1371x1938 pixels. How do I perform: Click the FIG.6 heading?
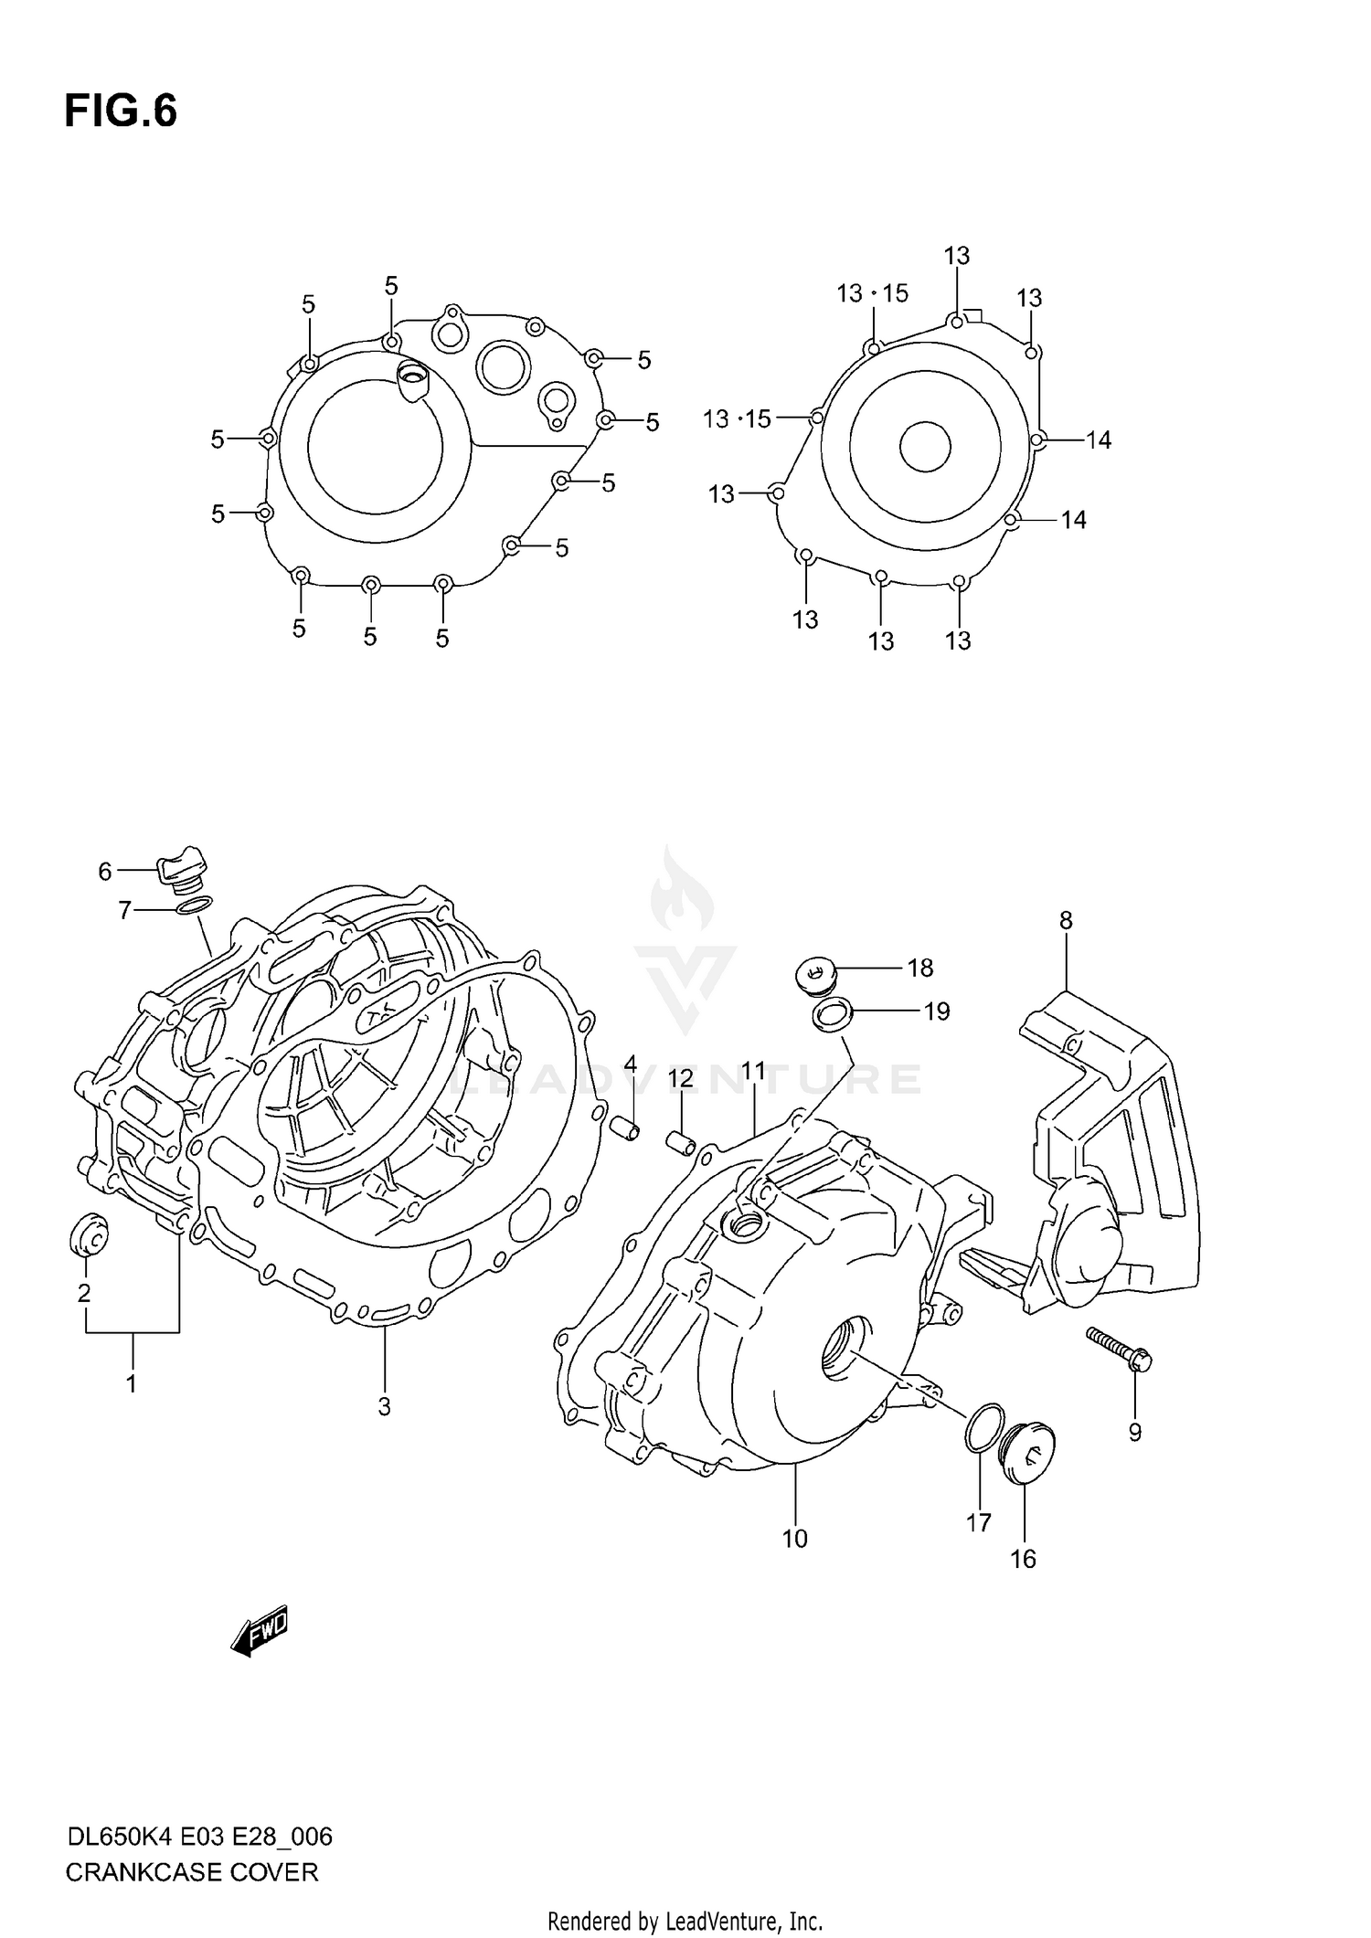[x=121, y=111]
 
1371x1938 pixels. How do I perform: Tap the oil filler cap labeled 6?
[x=184, y=868]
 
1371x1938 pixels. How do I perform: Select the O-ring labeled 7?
[x=193, y=905]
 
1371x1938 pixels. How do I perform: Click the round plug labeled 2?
[x=89, y=1235]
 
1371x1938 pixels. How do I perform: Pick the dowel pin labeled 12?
[x=681, y=1142]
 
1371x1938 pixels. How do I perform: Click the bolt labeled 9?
[x=1120, y=1350]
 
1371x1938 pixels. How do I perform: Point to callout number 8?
[x=1066, y=920]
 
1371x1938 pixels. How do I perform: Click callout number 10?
[x=794, y=1539]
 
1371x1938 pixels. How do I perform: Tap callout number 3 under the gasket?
[x=384, y=1407]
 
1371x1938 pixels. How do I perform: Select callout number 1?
[x=132, y=1384]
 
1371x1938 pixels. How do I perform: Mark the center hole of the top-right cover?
[x=925, y=447]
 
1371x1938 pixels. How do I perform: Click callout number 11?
[x=753, y=1070]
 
